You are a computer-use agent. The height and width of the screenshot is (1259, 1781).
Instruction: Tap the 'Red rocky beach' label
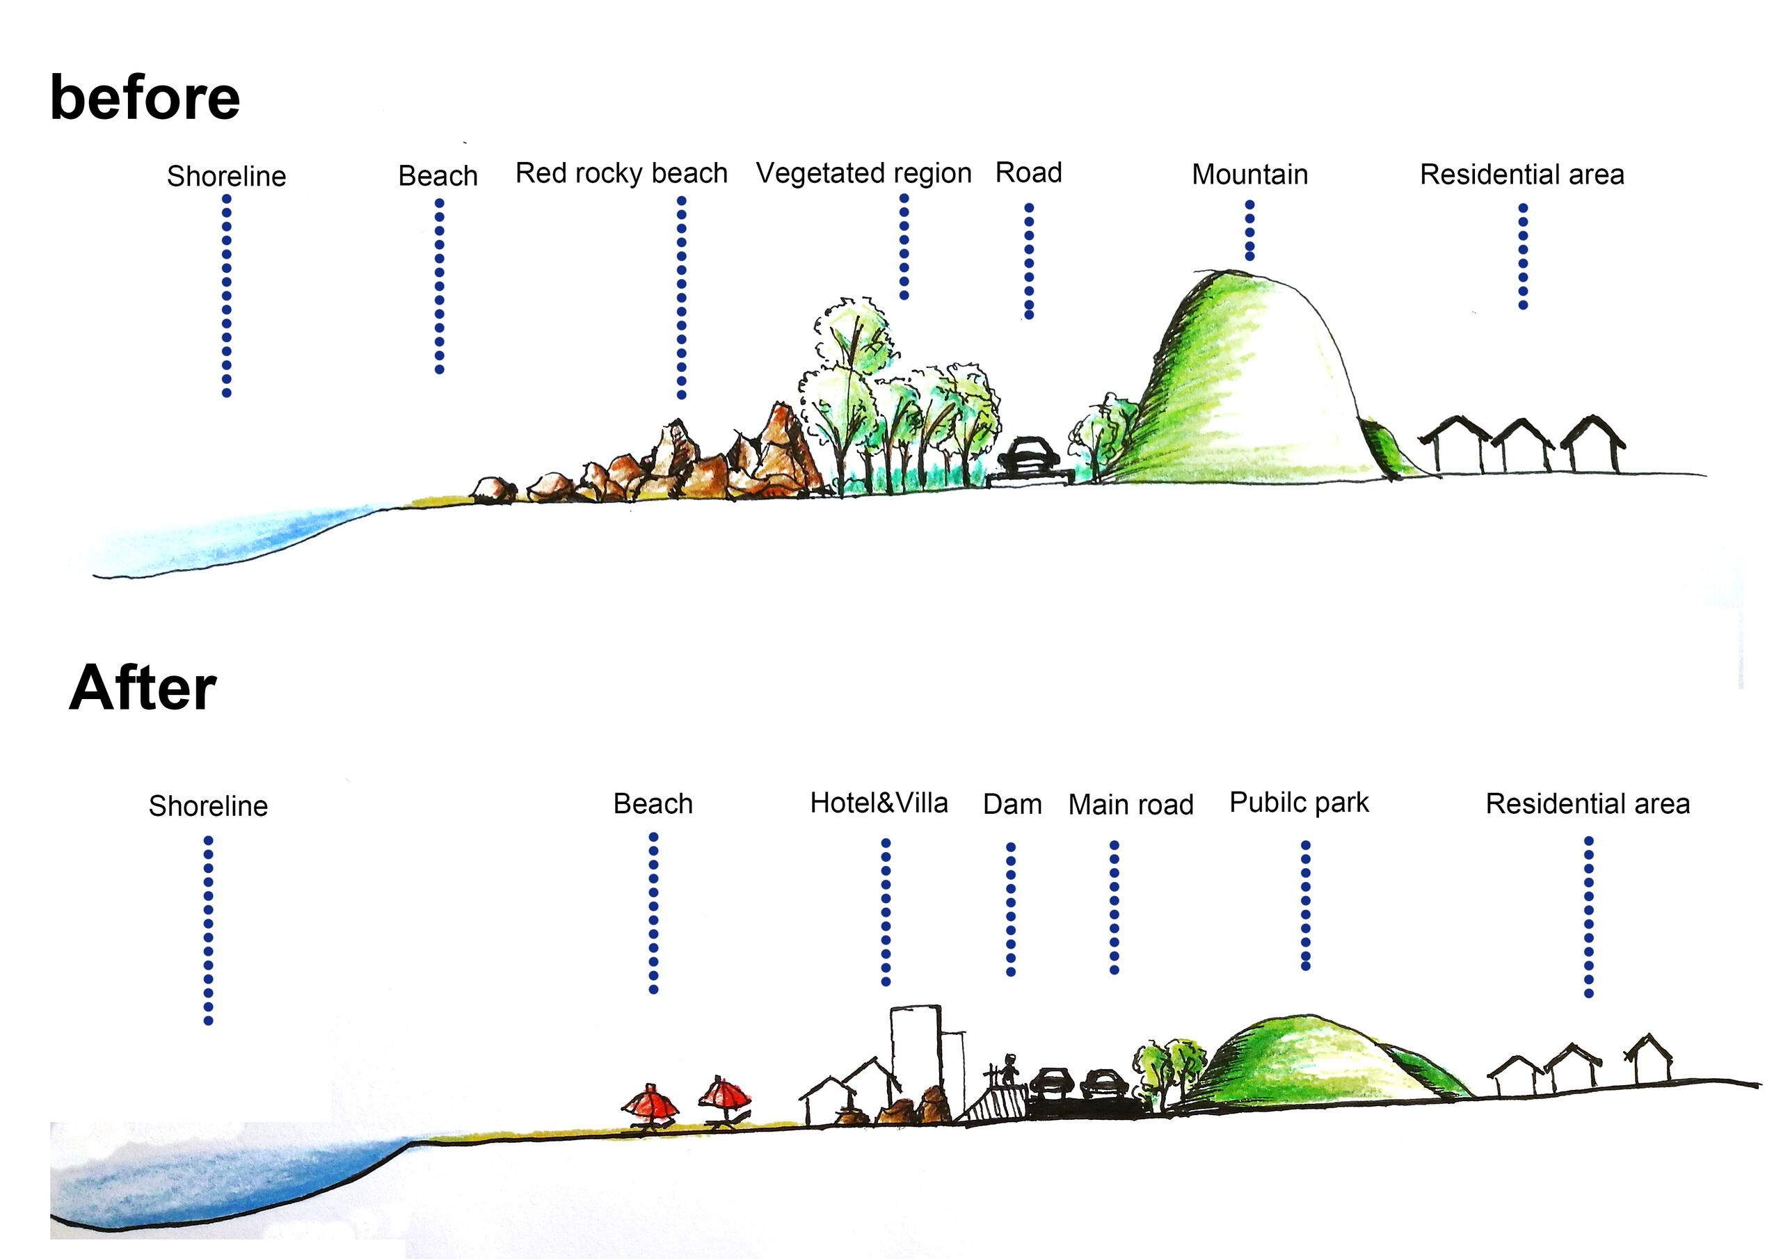click(x=621, y=173)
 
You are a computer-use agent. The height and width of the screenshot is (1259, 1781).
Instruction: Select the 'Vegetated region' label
click(x=863, y=173)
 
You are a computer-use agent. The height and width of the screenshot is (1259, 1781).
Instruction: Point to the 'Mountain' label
click(x=1249, y=175)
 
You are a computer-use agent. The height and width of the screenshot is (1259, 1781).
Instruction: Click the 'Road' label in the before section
click(x=1028, y=173)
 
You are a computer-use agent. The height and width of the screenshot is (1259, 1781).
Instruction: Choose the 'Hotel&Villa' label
click(x=879, y=803)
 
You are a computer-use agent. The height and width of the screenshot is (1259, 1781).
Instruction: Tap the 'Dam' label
click(x=1012, y=804)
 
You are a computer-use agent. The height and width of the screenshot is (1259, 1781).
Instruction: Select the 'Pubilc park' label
click(x=1300, y=803)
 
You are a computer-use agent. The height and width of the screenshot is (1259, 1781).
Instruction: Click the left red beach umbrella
click(x=650, y=1104)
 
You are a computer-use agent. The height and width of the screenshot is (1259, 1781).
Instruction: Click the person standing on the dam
click(x=1009, y=1070)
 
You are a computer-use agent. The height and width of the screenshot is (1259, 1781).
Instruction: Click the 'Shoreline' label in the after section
click(x=208, y=806)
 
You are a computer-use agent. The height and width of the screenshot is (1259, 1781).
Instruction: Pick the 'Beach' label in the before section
click(x=438, y=176)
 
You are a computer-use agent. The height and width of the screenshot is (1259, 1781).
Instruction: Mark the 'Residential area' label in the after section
click(x=1588, y=804)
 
